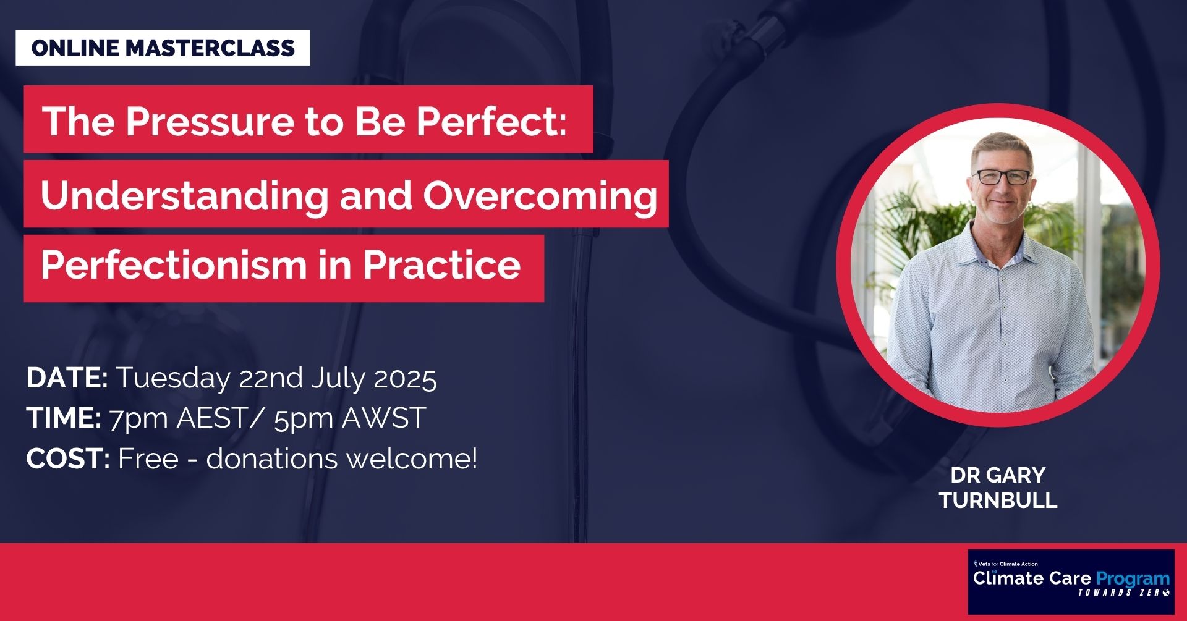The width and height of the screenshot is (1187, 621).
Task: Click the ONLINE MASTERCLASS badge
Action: coord(163,48)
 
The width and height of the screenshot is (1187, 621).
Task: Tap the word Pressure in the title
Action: coord(210,120)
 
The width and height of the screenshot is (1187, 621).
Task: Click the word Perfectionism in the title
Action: coord(174,265)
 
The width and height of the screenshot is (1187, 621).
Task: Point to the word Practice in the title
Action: coord(441,265)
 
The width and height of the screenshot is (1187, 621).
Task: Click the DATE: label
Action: coord(67,378)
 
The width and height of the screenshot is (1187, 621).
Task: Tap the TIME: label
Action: coord(64,418)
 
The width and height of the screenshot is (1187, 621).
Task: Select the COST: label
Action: coord(68,458)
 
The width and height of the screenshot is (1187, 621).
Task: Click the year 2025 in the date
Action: coord(406,378)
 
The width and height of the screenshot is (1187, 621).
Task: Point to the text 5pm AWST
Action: coord(350,418)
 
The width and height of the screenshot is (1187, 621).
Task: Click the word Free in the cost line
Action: coord(148,458)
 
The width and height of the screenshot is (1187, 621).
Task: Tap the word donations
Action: coord(273,458)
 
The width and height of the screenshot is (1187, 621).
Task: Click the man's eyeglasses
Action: coord(1002,177)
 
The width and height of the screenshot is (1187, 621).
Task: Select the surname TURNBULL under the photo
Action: coord(998,500)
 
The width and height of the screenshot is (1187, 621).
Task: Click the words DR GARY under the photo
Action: coord(998,475)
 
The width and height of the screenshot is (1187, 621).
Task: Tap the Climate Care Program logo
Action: coord(1071,581)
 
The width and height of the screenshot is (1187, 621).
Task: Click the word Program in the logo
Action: coord(1133,579)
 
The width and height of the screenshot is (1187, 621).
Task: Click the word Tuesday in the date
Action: coord(173,378)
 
